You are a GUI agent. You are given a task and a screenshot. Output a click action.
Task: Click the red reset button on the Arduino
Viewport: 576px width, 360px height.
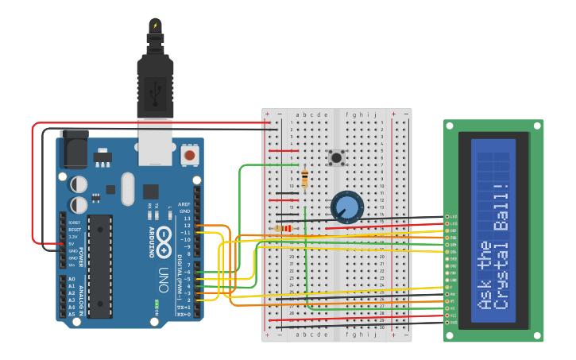point(189,154)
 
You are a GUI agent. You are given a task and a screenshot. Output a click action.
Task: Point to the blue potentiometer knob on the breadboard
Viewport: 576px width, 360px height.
point(346,207)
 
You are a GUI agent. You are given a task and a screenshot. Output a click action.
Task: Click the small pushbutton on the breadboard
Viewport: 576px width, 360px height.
point(337,157)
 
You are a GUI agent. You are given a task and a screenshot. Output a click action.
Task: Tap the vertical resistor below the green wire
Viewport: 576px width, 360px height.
point(304,179)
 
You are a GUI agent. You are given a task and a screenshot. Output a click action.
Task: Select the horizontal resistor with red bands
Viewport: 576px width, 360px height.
point(283,229)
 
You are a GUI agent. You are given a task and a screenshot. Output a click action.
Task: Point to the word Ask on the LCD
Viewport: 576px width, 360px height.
point(484,293)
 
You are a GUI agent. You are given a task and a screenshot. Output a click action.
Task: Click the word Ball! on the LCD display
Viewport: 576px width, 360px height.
point(501,208)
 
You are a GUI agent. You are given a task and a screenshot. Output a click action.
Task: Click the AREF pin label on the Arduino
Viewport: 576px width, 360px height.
point(184,203)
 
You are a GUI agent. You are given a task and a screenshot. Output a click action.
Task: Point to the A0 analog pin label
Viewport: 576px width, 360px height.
point(72,279)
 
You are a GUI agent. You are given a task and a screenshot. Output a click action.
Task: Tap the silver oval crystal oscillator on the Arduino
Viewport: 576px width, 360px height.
point(128,188)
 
